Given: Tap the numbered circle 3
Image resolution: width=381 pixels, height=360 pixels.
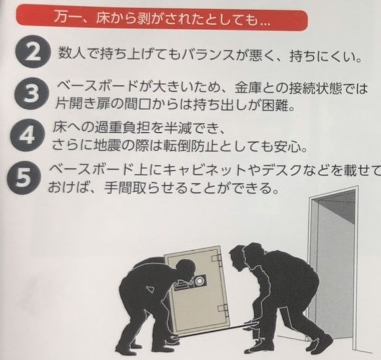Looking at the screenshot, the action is tap(31, 94).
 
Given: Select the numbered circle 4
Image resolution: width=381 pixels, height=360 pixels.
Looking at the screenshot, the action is tap(28, 136).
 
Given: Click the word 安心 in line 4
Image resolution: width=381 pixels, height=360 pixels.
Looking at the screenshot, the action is tap(287, 146).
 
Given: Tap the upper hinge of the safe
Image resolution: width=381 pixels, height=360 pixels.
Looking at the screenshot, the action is tap(217, 259).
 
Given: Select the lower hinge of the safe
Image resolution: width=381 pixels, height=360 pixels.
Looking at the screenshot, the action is tap(223, 310).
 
